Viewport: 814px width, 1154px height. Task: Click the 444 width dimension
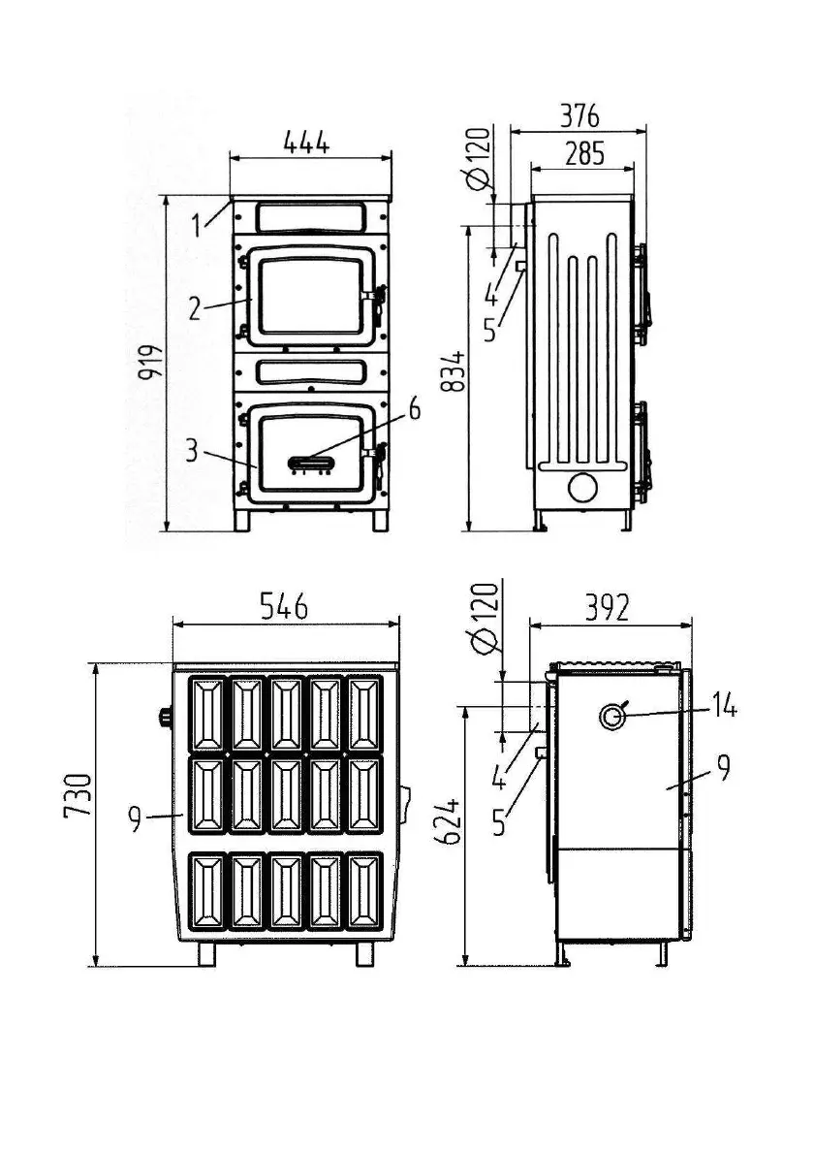point(306,142)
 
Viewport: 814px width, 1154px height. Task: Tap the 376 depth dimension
point(579,115)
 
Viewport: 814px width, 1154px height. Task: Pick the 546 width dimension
point(283,606)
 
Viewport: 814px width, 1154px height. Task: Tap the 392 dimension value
point(608,608)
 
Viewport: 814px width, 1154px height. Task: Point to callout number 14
point(723,708)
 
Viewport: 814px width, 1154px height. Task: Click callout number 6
point(415,409)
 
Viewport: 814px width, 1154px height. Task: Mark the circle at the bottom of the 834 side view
point(583,487)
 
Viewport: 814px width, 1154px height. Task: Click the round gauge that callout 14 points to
point(612,717)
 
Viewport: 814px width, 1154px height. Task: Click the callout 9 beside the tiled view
point(136,820)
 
